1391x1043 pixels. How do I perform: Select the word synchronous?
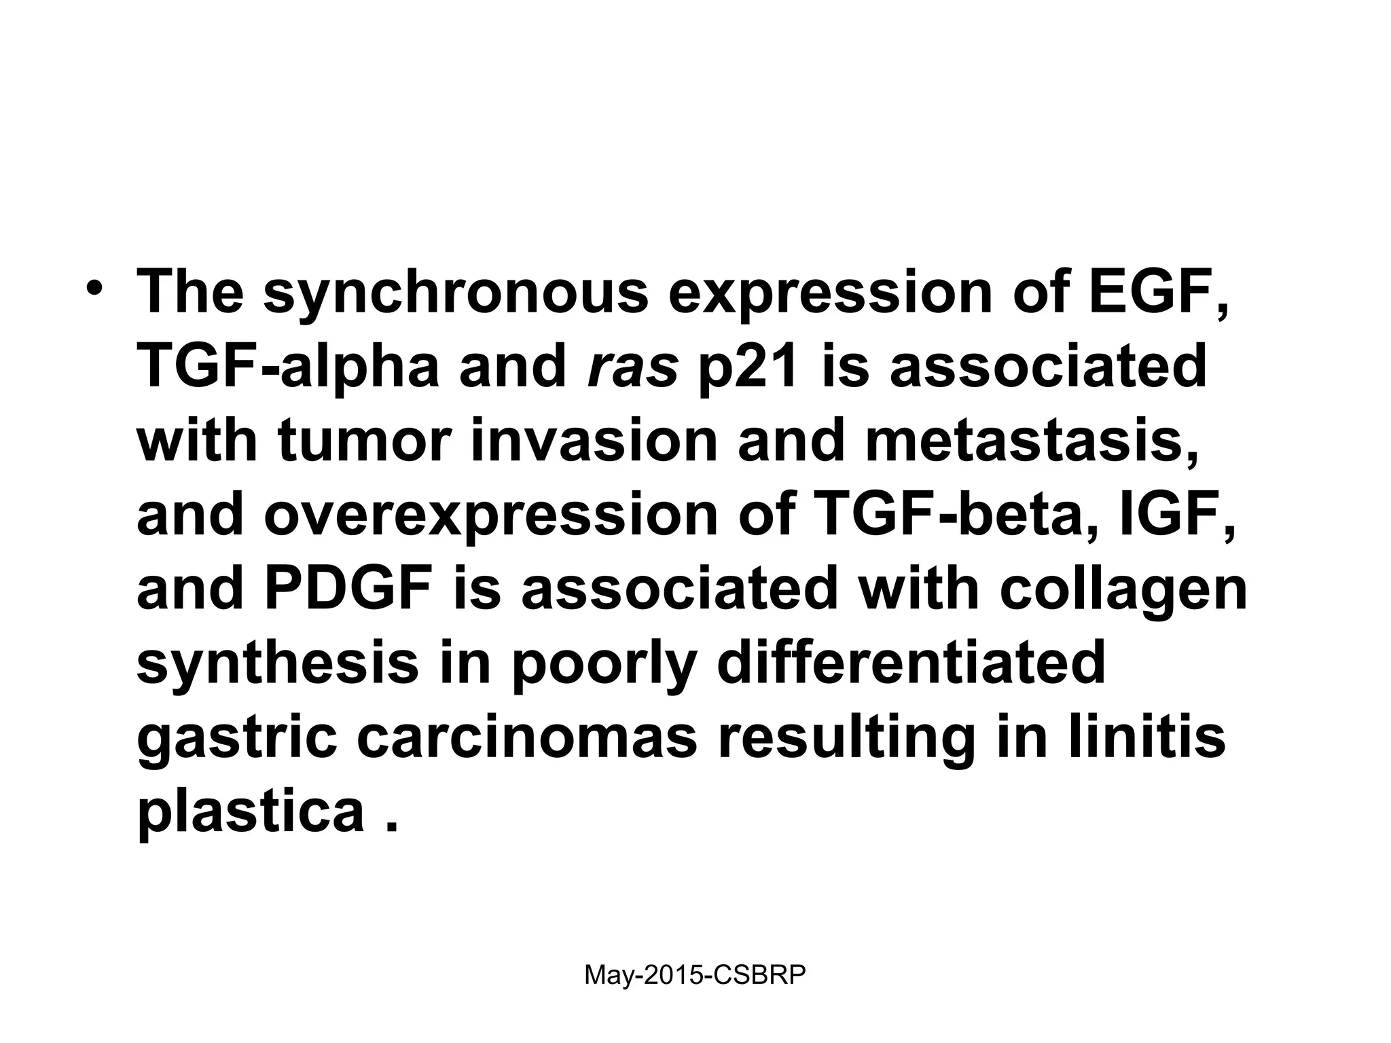tap(455, 293)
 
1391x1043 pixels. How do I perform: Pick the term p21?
tap(748, 367)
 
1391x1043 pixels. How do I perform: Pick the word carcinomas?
tap(526, 737)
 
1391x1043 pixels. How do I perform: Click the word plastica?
tap(251, 811)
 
